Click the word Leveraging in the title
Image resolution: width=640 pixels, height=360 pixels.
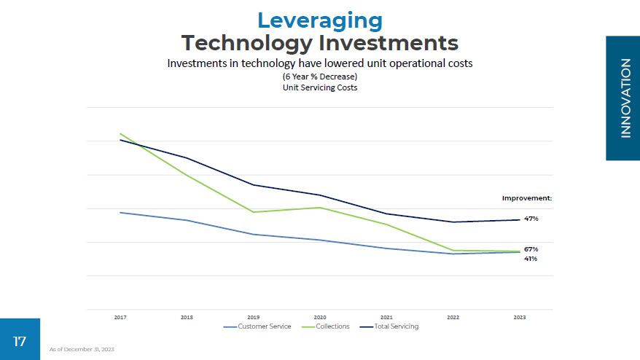click(319, 20)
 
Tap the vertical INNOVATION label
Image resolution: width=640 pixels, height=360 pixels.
click(625, 98)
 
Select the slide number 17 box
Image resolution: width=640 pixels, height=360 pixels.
click(20, 340)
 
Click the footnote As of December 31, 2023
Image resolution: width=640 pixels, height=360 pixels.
click(82, 350)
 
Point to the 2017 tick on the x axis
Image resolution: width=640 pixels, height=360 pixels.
click(120, 318)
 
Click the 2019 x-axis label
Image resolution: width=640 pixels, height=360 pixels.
click(253, 318)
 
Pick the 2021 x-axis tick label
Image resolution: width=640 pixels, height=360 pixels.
click(386, 318)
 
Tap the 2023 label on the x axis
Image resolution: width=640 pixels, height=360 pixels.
click(520, 318)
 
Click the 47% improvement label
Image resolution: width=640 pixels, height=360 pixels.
click(531, 219)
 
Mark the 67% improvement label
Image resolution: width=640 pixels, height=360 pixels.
click(531, 249)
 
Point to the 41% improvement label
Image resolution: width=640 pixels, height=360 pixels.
click(531, 259)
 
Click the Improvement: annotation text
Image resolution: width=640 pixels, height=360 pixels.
click(526, 197)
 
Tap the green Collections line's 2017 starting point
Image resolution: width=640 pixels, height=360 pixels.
click(120, 133)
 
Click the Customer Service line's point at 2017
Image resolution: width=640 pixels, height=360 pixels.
click(120, 213)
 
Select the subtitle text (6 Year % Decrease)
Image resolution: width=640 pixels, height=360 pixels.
click(319, 77)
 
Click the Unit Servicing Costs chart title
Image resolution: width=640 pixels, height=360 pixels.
click(319, 87)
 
